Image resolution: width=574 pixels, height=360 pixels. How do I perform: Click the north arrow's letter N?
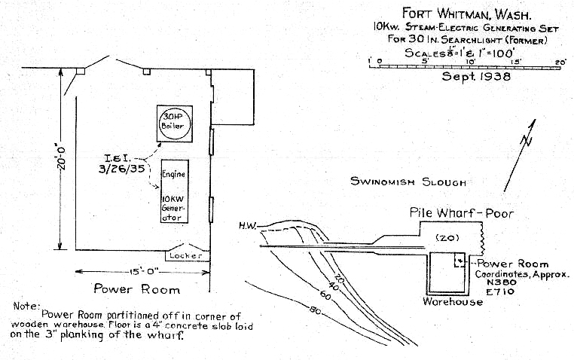click(529, 141)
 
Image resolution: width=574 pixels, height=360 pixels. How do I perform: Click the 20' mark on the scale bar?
click(560, 61)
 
